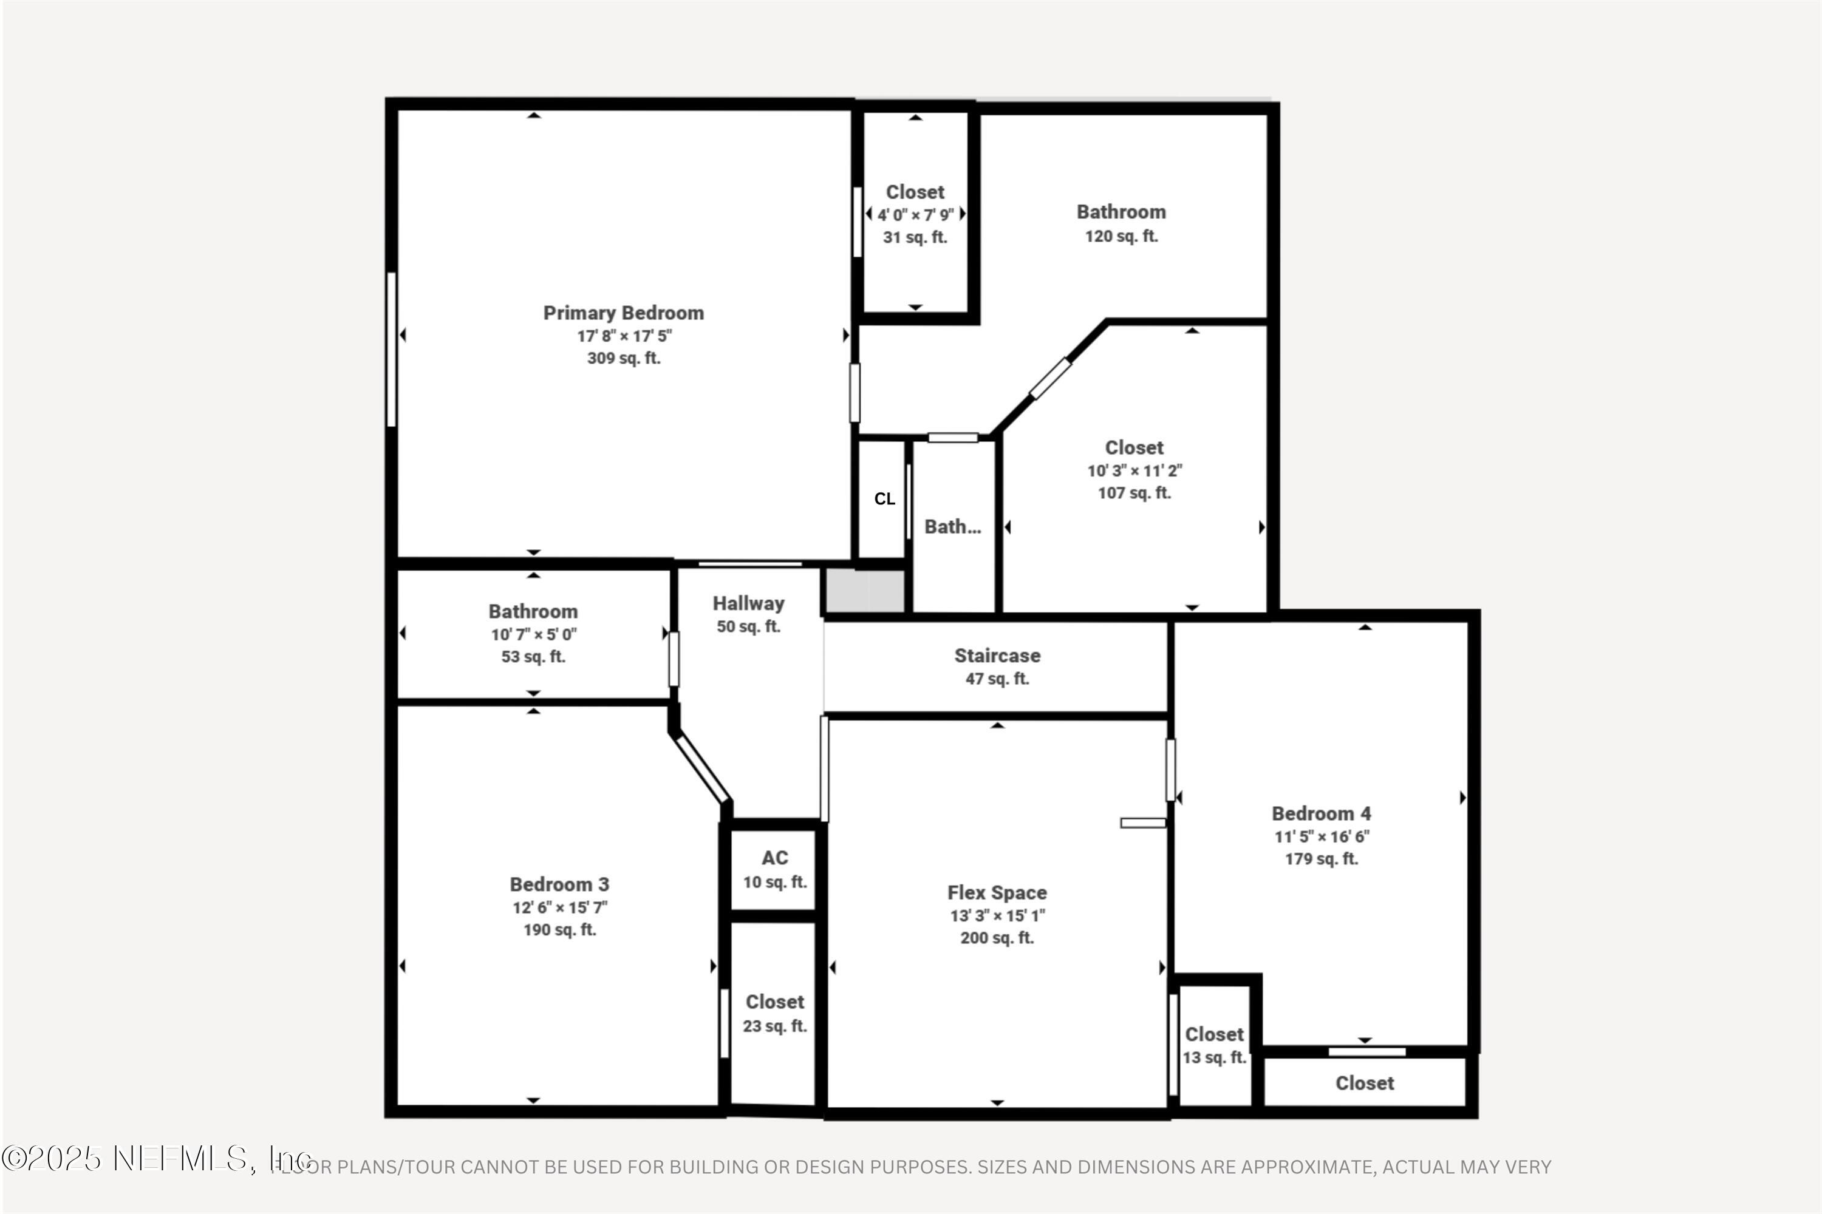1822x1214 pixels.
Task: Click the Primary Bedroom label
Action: pyautogui.click(x=623, y=313)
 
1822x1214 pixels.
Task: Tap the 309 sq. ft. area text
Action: pyautogui.click(x=623, y=358)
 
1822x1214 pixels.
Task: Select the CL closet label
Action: pyautogui.click(x=884, y=498)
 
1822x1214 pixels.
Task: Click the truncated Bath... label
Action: pyautogui.click(x=952, y=526)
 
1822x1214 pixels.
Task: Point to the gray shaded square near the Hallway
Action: pyautogui.click(x=864, y=591)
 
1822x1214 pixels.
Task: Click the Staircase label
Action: pyautogui.click(x=997, y=656)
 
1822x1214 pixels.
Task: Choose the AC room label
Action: pyautogui.click(x=775, y=858)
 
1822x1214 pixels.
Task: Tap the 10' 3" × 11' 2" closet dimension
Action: pyautogui.click(x=1134, y=470)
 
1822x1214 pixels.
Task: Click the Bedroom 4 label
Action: pyautogui.click(x=1321, y=814)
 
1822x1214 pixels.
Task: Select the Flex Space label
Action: pyautogui.click(x=997, y=893)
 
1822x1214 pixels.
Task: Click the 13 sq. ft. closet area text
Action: pyautogui.click(x=1214, y=1057)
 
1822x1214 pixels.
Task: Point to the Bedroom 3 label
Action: pyautogui.click(x=559, y=884)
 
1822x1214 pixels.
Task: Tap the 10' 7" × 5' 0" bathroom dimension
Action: pyautogui.click(x=533, y=634)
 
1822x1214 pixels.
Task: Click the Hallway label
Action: pyautogui.click(x=748, y=603)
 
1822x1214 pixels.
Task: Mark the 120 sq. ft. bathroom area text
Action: pyautogui.click(x=1121, y=236)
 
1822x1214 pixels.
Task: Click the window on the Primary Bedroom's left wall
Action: pyautogui.click(x=391, y=348)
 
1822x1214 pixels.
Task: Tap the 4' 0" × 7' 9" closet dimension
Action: pyautogui.click(x=915, y=214)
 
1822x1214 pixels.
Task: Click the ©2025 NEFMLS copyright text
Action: pyautogui.click(x=155, y=1158)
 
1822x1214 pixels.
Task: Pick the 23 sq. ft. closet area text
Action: pyautogui.click(x=775, y=1026)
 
